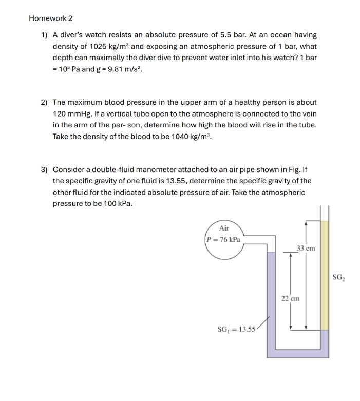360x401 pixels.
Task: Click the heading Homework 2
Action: [x=50, y=18]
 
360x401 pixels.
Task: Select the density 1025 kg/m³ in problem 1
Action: [x=111, y=46]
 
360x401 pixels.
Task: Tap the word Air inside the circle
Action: [x=224, y=228]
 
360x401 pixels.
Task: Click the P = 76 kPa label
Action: [x=223, y=239]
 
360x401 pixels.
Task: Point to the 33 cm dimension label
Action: [x=306, y=248]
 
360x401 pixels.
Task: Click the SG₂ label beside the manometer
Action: [x=338, y=278]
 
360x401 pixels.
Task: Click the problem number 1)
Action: [x=44, y=35]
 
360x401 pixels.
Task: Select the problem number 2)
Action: [x=44, y=102]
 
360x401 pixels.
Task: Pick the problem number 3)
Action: [x=44, y=169]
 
